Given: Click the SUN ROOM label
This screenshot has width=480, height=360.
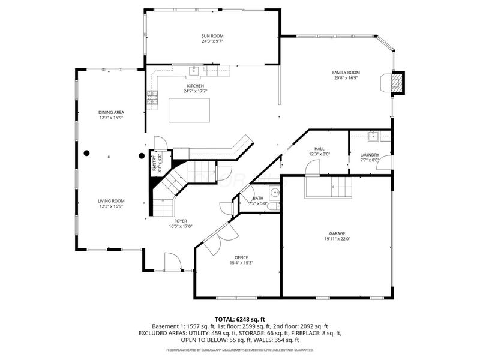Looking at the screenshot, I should coord(212,36).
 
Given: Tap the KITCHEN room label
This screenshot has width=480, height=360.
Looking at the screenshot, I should coord(196,86).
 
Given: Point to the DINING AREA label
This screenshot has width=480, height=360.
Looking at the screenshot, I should coord(111,112).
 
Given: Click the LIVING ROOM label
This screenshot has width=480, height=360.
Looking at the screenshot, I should coord(111,201).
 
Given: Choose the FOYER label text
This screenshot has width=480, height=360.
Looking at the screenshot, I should coord(180,221).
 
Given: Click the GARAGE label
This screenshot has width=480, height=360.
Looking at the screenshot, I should coord(337,233).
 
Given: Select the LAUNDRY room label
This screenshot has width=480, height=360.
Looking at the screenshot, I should coord(370,154).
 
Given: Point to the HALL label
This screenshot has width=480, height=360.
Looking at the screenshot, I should coord(319,149).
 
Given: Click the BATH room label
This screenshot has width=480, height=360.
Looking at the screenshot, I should coord(258,198).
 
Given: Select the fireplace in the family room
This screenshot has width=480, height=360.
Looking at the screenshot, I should coord(395,83).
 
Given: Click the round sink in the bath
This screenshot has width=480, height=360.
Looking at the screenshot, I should coord(274,193).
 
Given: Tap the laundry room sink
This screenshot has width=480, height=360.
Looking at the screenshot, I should coord(372,136).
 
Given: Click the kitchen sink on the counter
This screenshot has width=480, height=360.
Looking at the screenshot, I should coord(194,71).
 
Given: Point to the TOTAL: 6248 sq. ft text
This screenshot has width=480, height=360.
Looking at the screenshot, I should coord(239,319).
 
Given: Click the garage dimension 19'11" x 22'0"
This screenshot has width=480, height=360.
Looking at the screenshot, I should coord(337,239).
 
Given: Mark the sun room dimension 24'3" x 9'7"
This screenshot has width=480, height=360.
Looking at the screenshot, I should coord(212,41).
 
